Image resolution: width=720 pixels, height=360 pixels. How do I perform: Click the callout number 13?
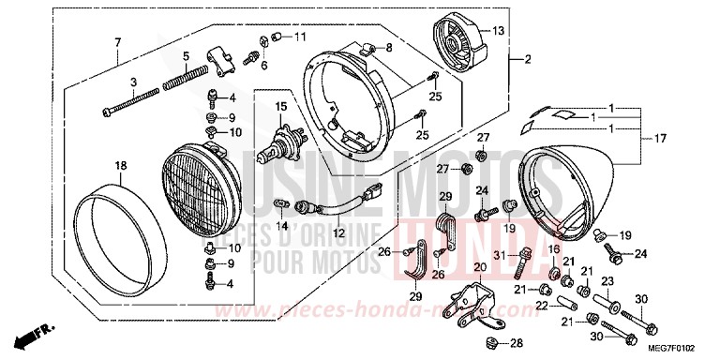[498, 32]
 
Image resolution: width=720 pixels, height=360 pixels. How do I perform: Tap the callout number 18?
[120, 166]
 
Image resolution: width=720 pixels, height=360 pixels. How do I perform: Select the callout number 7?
[118, 43]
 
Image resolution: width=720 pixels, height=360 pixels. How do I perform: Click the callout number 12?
[339, 232]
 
